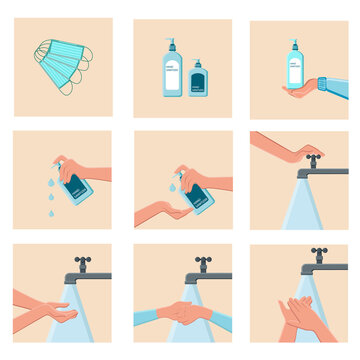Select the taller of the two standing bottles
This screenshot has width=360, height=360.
coord(172,73)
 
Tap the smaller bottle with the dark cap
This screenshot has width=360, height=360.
coord(199,79)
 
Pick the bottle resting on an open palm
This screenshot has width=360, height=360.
coord(295,68)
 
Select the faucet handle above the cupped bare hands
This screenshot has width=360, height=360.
coord(82,260)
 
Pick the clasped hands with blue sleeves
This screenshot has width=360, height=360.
coord(186,312)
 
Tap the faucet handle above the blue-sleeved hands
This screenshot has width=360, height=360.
coord(202,260)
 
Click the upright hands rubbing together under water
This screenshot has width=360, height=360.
coord(300,317)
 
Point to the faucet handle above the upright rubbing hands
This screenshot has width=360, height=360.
coord(319,252)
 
